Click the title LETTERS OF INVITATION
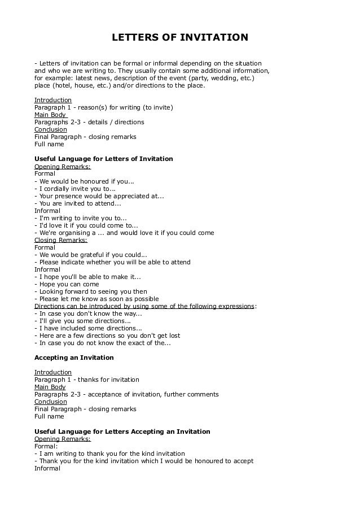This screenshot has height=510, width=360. pyautogui.click(x=179, y=38)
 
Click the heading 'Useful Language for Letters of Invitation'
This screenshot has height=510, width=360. pyautogui.click(x=104, y=159)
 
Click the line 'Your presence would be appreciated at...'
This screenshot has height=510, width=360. pyautogui.click(x=99, y=196)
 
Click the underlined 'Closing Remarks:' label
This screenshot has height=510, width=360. pyautogui.click(x=61, y=240)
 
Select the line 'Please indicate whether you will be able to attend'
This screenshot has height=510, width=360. pyautogui.click(x=112, y=262)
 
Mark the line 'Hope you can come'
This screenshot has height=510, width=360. pyautogui.click(x=63, y=284)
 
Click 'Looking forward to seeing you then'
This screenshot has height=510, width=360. pyautogui.click(x=91, y=291)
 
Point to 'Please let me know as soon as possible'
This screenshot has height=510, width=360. pyautogui.click(x=96, y=299)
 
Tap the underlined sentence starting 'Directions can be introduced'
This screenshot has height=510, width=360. pyautogui.click(x=144, y=306)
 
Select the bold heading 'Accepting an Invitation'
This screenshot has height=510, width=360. pyautogui.click(x=74, y=358)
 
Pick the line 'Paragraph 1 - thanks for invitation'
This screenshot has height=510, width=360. pyautogui.click(x=87, y=380)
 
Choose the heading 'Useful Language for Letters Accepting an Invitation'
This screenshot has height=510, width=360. pyautogui.click(x=122, y=431)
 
